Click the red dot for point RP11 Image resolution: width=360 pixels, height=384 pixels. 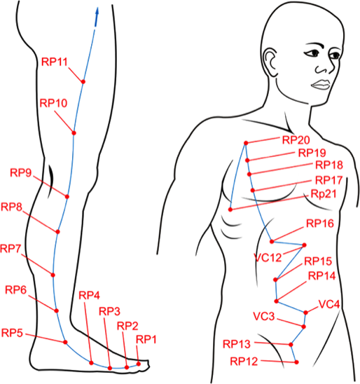point(83,81)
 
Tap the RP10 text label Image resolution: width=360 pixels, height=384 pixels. point(54,103)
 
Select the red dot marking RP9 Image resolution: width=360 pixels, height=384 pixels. point(67,197)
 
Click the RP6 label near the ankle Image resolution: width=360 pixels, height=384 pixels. point(16,290)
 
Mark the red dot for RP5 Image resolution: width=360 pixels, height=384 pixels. point(65,342)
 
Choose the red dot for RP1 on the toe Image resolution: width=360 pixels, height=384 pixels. point(139,364)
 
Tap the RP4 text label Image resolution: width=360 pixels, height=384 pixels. point(90,296)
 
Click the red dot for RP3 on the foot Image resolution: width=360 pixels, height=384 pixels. point(110,368)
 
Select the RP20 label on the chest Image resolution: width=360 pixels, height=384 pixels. point(296,140)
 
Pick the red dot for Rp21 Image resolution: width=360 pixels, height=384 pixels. point(230,210)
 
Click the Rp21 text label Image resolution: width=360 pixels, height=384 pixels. point(324,194)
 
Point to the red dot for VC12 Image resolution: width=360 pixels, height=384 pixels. point(304,245)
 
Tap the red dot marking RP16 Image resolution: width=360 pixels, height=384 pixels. point(272,242)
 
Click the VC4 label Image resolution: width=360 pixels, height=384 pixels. point(329,304)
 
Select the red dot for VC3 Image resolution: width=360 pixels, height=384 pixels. point(304,327)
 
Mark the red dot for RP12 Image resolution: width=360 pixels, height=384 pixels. point(296,362)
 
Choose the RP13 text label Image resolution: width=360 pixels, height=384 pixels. point(237,344)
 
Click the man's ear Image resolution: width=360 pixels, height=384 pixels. point(270,60)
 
